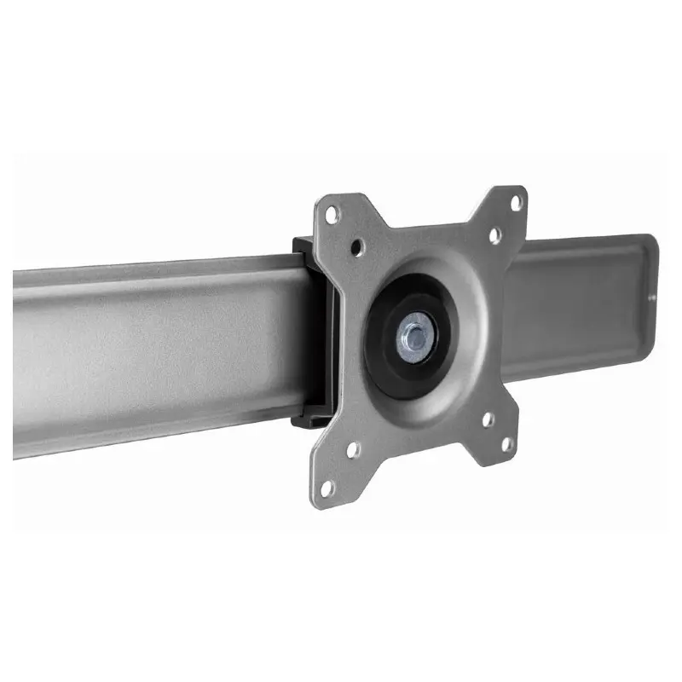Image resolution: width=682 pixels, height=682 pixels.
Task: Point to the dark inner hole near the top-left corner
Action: tap(358, 247)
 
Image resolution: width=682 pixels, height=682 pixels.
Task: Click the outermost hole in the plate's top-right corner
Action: tap(515, 203)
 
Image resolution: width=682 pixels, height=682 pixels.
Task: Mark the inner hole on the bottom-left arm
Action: tap(353, 449)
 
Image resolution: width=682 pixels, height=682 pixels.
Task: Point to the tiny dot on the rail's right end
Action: tap(651, 297)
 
